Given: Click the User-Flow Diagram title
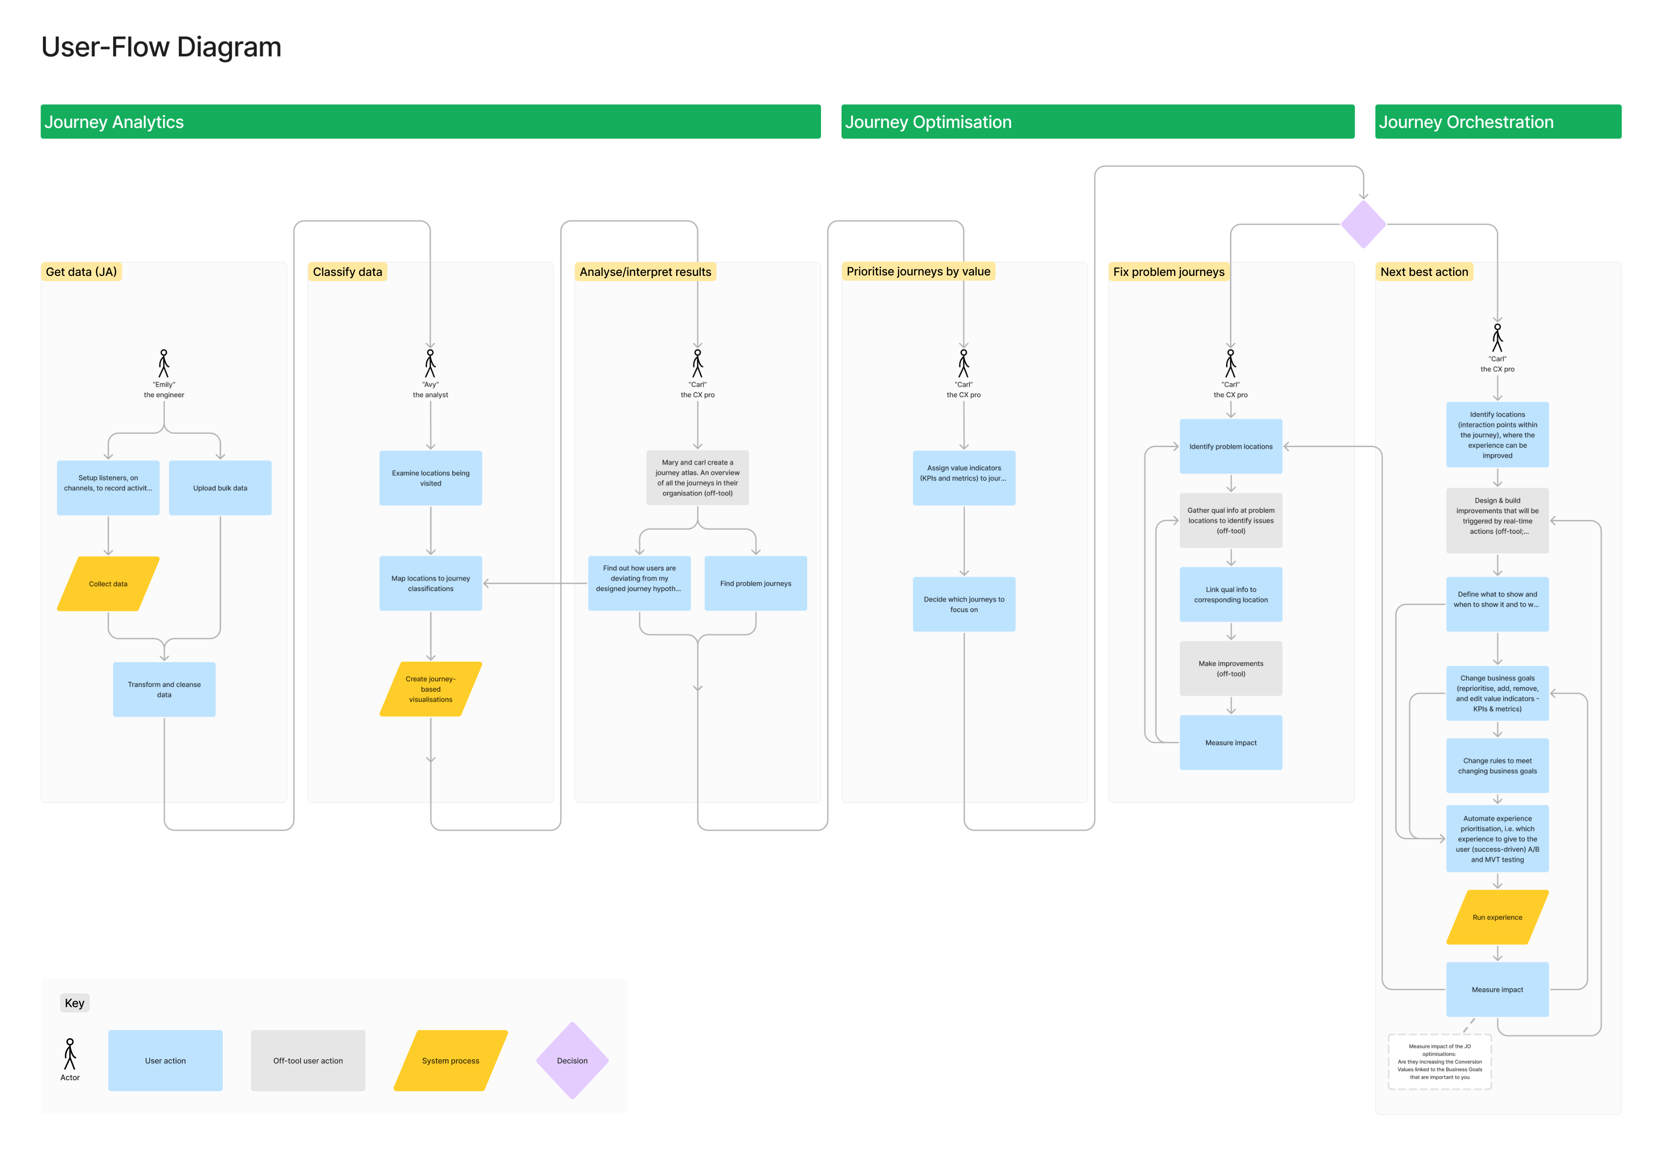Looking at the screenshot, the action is (x=161, y=47).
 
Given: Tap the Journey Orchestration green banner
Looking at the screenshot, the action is (x=1498, y=122).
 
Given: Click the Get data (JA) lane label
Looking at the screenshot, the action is (x=81, y=272).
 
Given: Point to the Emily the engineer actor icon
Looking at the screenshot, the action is (x=164, y=363).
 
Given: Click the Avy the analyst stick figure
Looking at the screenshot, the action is (x=430, y=363).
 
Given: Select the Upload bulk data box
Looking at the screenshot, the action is (x=220, y=488).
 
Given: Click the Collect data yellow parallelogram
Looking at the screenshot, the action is (x=108, y=584).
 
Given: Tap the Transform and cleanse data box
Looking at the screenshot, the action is (x=165, y=689).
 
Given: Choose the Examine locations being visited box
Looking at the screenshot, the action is (x=430, y=478).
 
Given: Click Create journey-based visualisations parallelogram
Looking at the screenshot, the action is (x=430, y=689).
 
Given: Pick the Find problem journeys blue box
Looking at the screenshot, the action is (x=756, y=584).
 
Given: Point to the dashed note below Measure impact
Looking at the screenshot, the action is (x=1439, y=1062).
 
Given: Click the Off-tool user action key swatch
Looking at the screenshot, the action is (x=308, y=1061).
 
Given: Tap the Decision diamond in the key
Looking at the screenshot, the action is (x=572, y=1061).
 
